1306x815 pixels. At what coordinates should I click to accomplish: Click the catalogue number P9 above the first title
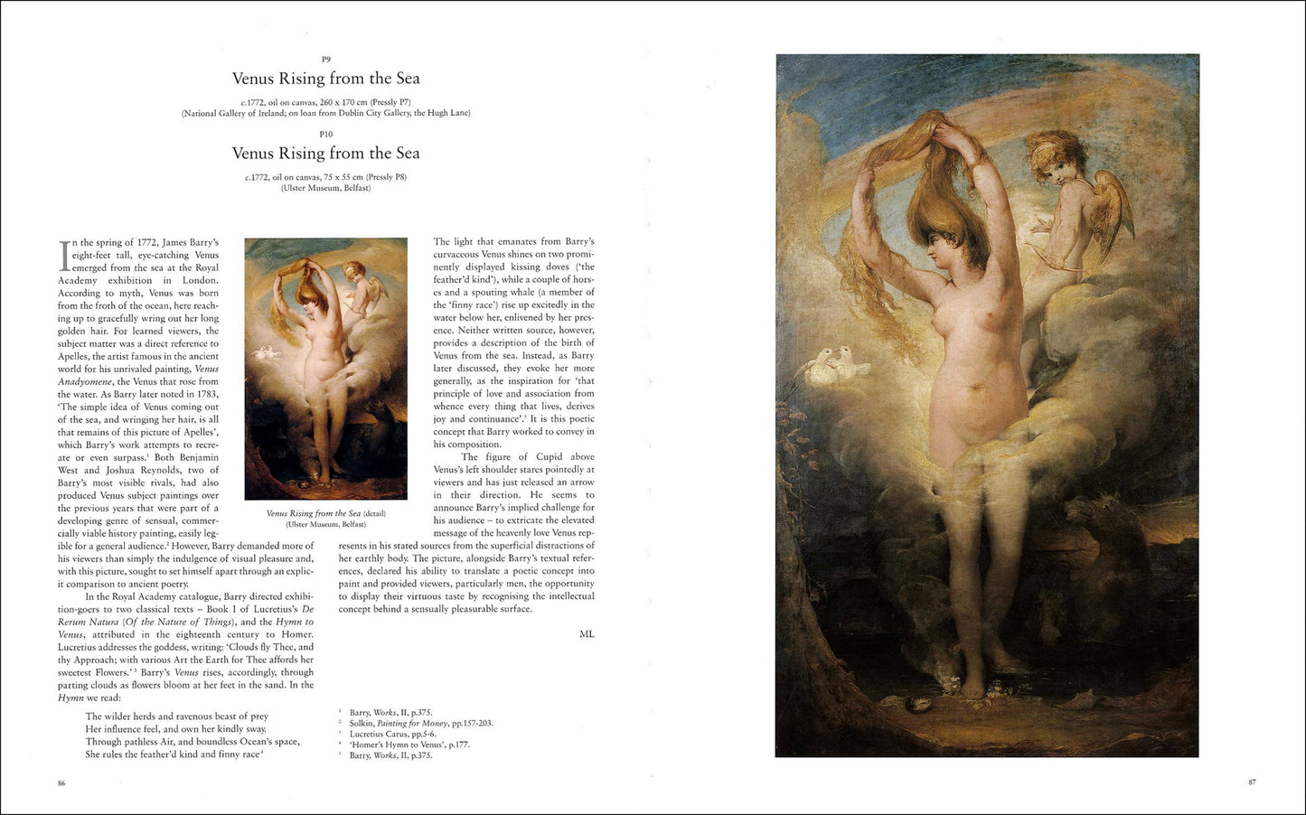(x=326, y=60)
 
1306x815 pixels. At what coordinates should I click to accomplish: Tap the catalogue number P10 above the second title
(x=326, y=135)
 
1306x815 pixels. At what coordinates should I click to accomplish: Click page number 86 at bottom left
(x=61, y=782)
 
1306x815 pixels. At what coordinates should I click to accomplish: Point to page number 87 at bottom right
(x=1252, y=782)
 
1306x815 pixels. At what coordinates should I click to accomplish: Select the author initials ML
(x=587, y=634)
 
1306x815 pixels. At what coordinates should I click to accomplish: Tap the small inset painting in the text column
(x=325, y=369)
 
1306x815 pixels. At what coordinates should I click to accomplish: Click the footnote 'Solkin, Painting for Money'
(x=421, y=723)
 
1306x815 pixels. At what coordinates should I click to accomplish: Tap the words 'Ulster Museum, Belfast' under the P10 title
(x=326, y=188)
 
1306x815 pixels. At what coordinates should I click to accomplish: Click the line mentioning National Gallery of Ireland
(x=326, y=113)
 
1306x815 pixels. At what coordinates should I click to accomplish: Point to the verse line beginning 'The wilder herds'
(x=177, y=717)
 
